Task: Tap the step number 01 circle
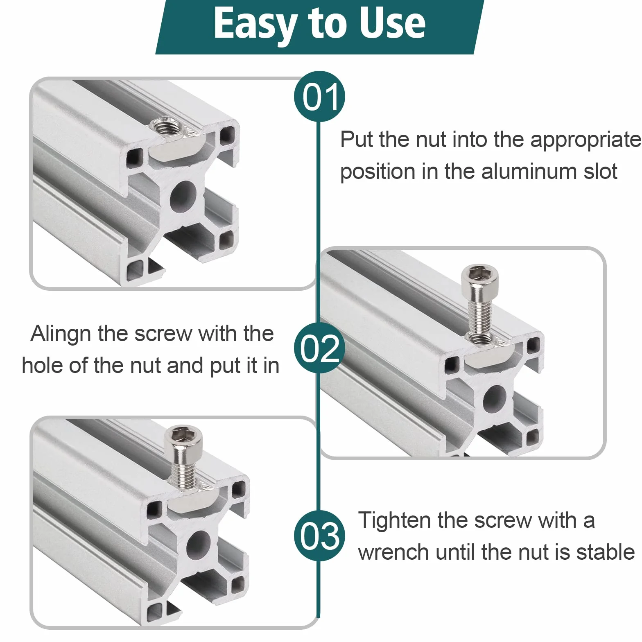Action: pyautogui.click(x=320, y=97)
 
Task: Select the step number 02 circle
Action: pyautogui.click(x=319, y=348)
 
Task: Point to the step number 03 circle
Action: pyautogui.click(x=320, y=536)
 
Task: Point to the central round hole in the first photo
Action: pyautogui.click(x=183, y=197)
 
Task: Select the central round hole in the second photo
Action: pyautogui.click(x=495, y=399)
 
